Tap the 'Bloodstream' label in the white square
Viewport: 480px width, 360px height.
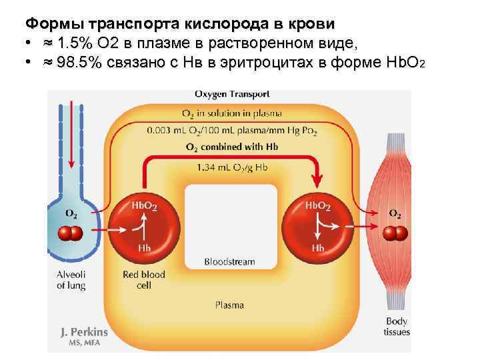(x=229, y=262)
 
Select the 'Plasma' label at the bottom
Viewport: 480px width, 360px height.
(x=229, y=305)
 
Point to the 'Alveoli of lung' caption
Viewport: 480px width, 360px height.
(x=71, y=279)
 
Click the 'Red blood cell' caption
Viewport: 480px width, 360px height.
(x=144, y=279)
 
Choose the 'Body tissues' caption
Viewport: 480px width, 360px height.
(x=397, y=326)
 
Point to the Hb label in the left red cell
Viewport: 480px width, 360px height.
(x=144, y=248)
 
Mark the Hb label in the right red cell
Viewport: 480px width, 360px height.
(x=318, y=248)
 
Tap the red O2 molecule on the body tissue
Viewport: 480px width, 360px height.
(x=395, y=233)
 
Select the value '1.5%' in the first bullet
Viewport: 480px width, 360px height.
(x=74, y=44)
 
